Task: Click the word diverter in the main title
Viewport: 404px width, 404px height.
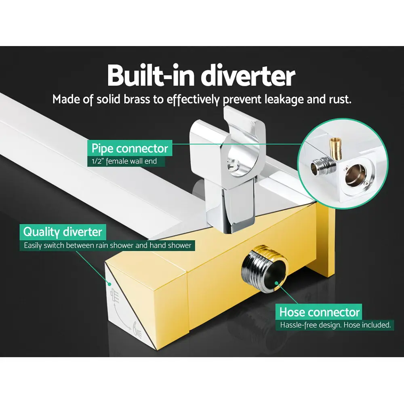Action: tap(249, 76)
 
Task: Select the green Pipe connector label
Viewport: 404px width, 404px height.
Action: tap(130, 148)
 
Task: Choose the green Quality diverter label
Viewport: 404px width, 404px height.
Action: tap(63, 232)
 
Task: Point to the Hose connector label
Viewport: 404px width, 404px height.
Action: tap(319, 312)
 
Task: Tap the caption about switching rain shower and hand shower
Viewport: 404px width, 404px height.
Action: tap(107, 245)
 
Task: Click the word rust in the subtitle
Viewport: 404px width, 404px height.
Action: tap(339, 99)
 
